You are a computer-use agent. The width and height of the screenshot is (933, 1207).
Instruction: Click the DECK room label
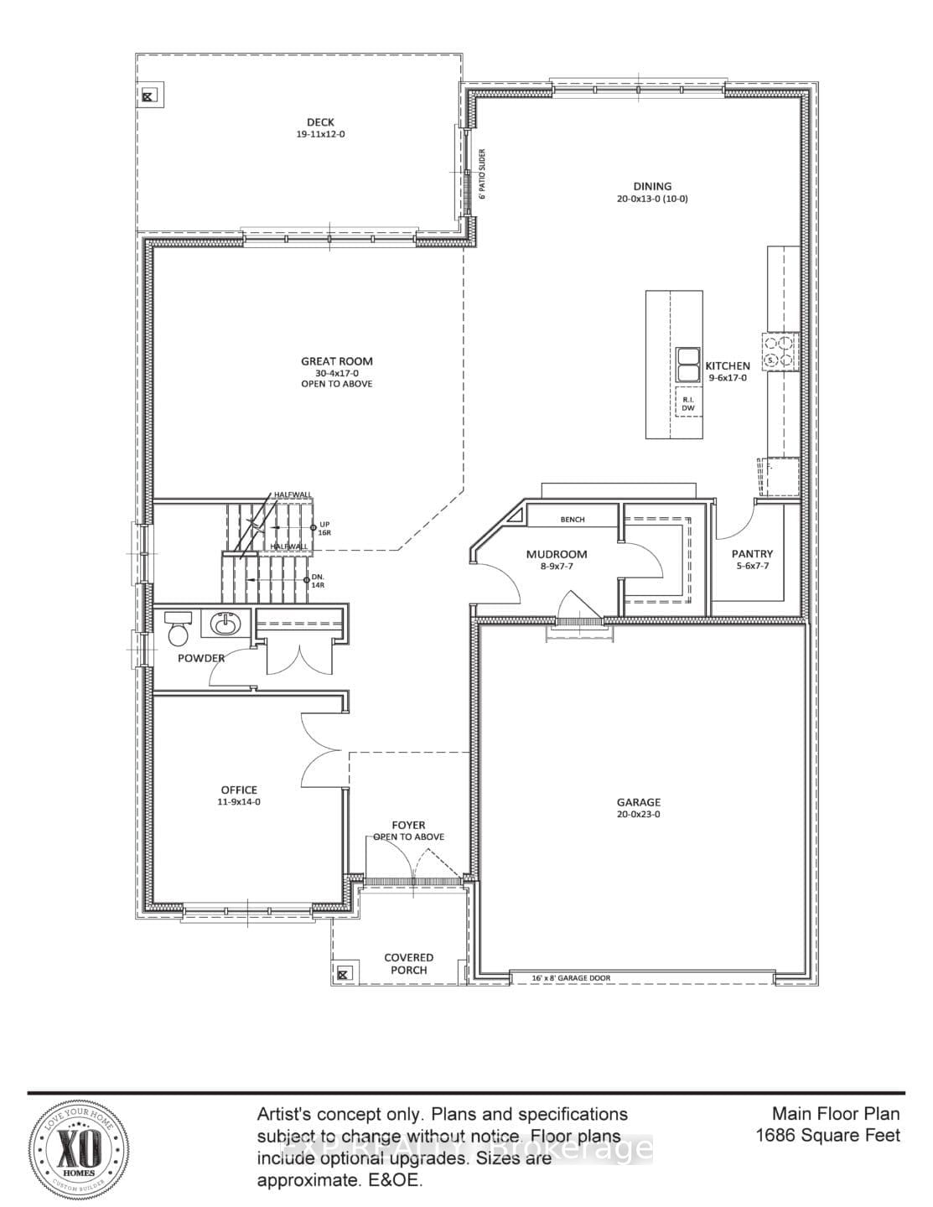[320, 122]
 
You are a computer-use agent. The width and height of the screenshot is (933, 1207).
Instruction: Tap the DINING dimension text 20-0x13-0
[651, 199]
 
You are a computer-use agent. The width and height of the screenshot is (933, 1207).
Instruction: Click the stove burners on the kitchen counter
[780, 350]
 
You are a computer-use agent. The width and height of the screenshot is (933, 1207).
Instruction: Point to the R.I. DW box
[688, 404]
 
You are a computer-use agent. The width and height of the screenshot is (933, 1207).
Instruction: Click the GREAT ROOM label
[337, 361]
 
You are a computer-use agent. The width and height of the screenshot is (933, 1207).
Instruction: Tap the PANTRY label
[752, 554]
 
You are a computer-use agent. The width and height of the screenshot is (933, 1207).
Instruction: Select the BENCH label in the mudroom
[573, 520]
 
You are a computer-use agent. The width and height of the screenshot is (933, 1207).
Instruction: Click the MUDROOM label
[557, 554]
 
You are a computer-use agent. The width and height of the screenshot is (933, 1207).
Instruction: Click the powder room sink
[224, 624]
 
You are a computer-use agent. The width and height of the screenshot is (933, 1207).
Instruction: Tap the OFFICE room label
[239, 790]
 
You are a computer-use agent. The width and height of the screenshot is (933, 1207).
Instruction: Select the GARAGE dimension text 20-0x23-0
[639, 814]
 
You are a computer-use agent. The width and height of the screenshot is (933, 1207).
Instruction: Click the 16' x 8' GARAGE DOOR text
[572, 978]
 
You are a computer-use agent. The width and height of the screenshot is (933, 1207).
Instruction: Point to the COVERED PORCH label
[408, 964]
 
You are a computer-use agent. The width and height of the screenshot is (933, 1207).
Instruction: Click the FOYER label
[408, 826]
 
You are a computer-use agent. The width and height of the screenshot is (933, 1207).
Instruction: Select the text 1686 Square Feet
[827, 1136]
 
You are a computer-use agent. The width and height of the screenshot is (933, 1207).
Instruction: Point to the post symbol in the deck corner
[148, 96]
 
